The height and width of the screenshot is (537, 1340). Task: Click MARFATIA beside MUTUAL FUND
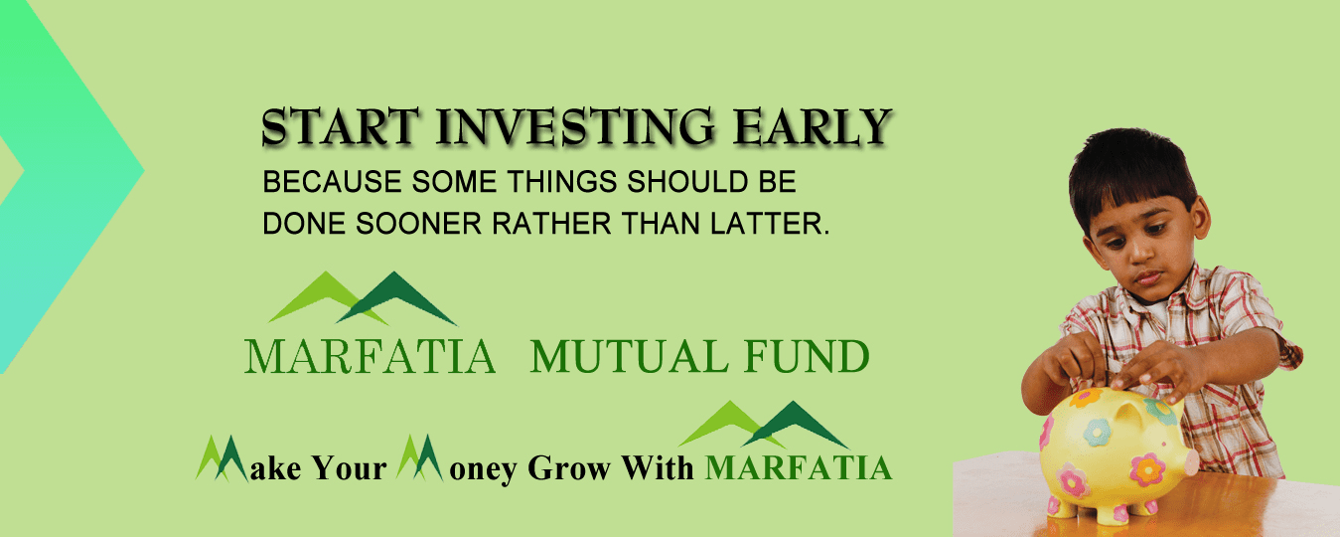point(370,357)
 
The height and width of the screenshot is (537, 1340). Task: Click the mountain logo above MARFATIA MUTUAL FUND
point(363,297)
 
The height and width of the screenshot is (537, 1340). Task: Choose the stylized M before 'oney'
point(419,459)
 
